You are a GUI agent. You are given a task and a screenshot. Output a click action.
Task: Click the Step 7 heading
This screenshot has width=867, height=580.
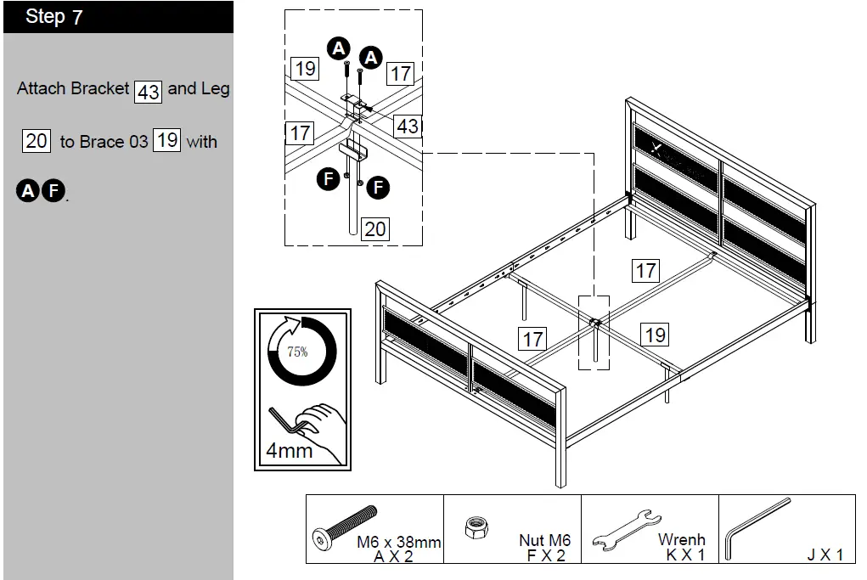tap(54, 17)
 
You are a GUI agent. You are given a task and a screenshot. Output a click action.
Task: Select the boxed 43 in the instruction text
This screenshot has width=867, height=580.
tap(149, 91)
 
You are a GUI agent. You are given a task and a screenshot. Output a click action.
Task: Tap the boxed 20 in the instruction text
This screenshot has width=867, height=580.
tap(37, 141)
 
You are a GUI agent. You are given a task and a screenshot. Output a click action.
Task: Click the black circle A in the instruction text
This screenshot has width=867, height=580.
tap(27, 191)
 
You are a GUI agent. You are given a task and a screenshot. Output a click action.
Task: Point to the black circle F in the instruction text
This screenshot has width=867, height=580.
tap(53, 191)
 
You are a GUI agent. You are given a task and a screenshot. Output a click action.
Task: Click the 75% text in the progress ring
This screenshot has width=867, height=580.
tap(297, 352)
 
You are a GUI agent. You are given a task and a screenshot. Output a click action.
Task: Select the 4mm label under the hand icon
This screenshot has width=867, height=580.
tap(289, 450)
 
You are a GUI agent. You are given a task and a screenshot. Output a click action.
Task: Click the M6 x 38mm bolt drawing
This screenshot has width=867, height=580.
tap(344, 526)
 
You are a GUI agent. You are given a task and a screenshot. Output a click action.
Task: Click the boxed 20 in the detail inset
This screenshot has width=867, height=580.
tap(374, 228)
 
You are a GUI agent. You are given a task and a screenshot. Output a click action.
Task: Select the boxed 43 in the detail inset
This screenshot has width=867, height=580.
tap(408, 126)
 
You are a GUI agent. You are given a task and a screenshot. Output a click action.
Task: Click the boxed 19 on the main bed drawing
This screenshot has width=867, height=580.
tap(655, 335)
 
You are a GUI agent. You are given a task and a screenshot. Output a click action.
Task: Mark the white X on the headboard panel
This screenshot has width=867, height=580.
tap(655, 149)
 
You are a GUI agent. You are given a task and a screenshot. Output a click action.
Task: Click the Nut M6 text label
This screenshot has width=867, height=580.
tap(544, 540)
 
